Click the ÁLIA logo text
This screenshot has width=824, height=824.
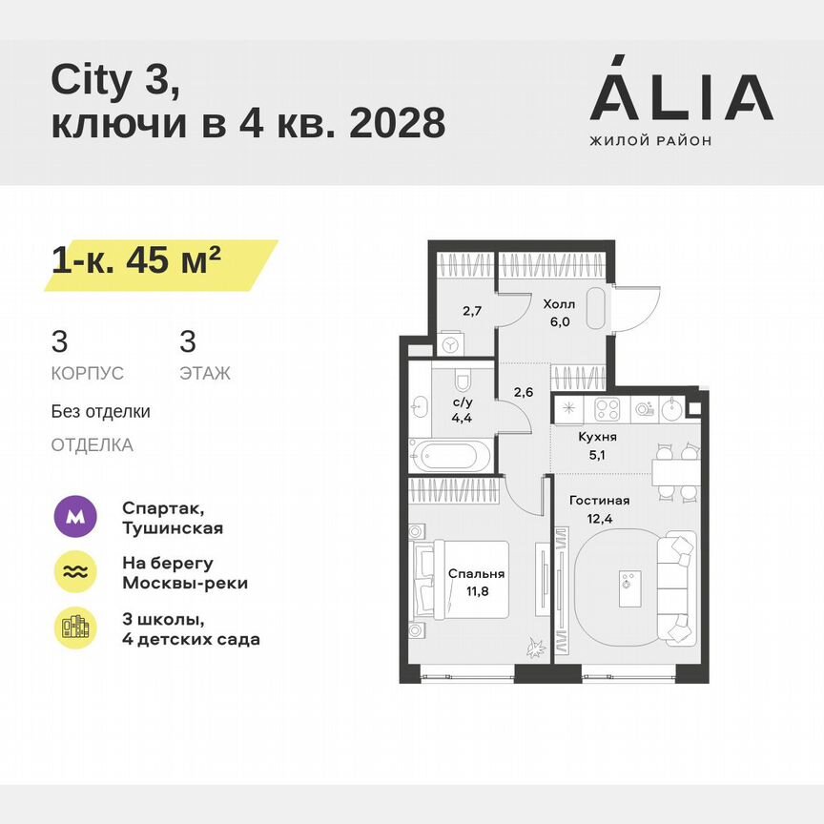coord(681,97)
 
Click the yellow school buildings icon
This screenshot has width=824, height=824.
coord(77,627)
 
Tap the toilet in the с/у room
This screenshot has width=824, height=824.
coord(463,381)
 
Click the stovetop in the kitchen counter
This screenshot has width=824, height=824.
coord(608,409)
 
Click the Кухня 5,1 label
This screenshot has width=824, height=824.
coord(598,445)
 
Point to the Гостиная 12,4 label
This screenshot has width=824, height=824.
coord(599,508)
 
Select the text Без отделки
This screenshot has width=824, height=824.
coord(100,412)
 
